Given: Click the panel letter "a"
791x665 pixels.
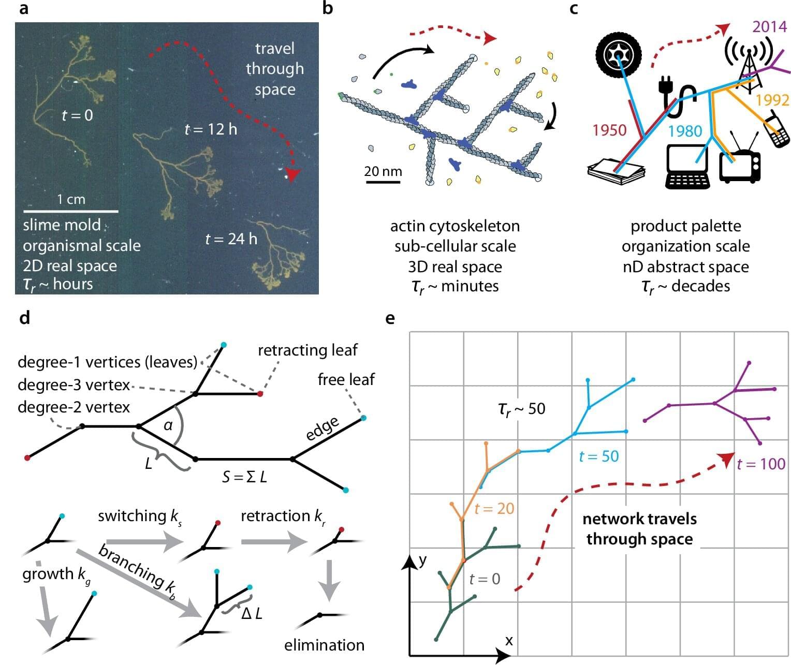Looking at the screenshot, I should (x=23, y=9).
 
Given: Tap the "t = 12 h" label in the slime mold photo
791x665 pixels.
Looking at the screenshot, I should (x=211, y=128).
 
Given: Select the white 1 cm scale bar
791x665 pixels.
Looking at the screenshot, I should (x=71, y=211).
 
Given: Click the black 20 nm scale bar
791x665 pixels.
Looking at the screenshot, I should (x=383, y=182).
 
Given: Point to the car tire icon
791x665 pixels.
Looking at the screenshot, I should (x=619, y=53).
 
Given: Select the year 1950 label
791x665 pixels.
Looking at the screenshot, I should (x=609, y=130).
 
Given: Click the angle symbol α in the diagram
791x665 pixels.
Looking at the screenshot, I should (x=168, y=425).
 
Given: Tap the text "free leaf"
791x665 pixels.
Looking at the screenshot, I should (x=346, y=379).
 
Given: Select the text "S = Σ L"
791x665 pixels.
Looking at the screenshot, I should (x=244, y=476).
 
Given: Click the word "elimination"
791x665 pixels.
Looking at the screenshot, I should (x=324, y=645).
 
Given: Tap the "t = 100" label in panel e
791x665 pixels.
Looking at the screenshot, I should (x=761, y=464).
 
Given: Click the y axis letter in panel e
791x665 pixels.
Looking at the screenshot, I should (x=423, y=560).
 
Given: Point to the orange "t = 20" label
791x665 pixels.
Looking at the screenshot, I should (x=494, y=508).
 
